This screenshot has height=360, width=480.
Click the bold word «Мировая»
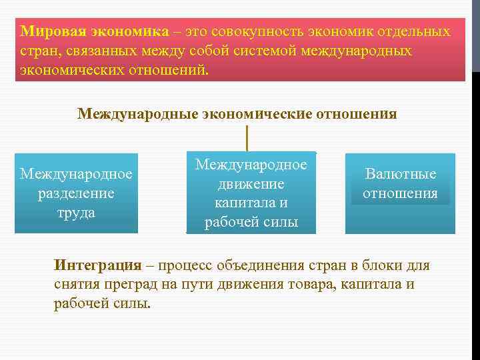click(51, 31)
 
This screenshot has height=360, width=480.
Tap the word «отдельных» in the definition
click(416, 31)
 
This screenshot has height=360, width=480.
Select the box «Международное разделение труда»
click(76, 193)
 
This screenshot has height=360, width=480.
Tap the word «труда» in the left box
click(76, 213)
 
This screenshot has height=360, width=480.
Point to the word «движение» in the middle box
click(251, 183)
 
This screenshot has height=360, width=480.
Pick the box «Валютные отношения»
click(400, 193)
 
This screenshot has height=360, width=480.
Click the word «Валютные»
click(401, 174)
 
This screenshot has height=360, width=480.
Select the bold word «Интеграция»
click(97, 265)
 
